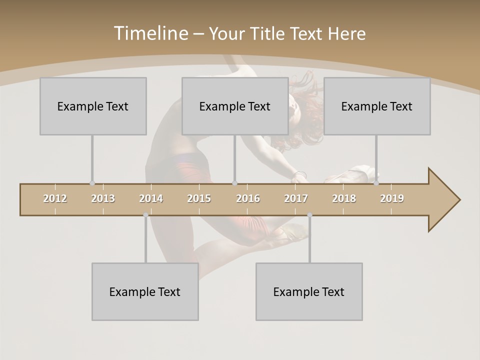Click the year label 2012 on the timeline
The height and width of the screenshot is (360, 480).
(55, 198)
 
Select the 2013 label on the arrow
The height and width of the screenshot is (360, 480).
(103, 198)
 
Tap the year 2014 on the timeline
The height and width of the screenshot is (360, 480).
(151, 198)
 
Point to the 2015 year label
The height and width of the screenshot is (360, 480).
(199, 198)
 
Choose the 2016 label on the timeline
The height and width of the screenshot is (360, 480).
(248, 198)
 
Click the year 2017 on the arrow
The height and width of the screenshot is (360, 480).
(296, 198)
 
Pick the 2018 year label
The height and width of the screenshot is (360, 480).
(344, 198)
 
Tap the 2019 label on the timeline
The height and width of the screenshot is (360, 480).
(392, 198)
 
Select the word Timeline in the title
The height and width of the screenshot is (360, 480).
(150, 33)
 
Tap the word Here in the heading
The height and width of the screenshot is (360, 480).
(346, 33)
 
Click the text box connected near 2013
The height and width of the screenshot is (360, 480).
(93, 106)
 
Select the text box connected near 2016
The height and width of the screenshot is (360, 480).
(235, 106)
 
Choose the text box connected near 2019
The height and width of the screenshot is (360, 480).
(377, 106)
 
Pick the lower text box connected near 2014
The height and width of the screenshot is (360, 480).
(145, 291)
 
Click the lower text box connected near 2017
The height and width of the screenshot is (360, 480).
(309, 291)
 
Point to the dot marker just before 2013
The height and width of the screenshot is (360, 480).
(92, 183)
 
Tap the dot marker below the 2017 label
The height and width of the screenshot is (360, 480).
(309, 215)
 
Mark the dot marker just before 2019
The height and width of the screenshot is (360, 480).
(376, 183)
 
